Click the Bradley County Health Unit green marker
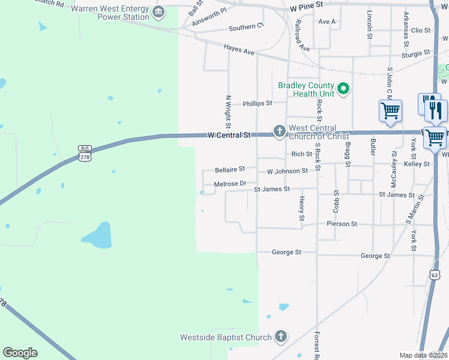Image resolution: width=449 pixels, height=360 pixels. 343,90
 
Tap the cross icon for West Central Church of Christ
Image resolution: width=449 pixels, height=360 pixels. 279,131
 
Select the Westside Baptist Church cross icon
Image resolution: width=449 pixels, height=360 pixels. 280,337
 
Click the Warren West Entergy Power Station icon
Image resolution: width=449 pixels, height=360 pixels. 158,11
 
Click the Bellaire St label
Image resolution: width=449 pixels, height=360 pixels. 230,170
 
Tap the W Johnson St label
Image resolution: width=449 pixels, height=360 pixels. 287,171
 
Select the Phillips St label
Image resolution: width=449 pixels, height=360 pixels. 258,103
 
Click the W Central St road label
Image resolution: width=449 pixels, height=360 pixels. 229,136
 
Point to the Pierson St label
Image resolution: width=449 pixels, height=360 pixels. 342,224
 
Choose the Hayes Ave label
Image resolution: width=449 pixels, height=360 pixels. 239,49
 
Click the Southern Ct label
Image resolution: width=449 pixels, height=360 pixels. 246,27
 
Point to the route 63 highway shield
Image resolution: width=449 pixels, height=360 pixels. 433,274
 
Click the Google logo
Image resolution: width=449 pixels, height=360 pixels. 20,352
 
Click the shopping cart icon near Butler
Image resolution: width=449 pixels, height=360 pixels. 390,112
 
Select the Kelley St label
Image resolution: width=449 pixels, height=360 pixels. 417,164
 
